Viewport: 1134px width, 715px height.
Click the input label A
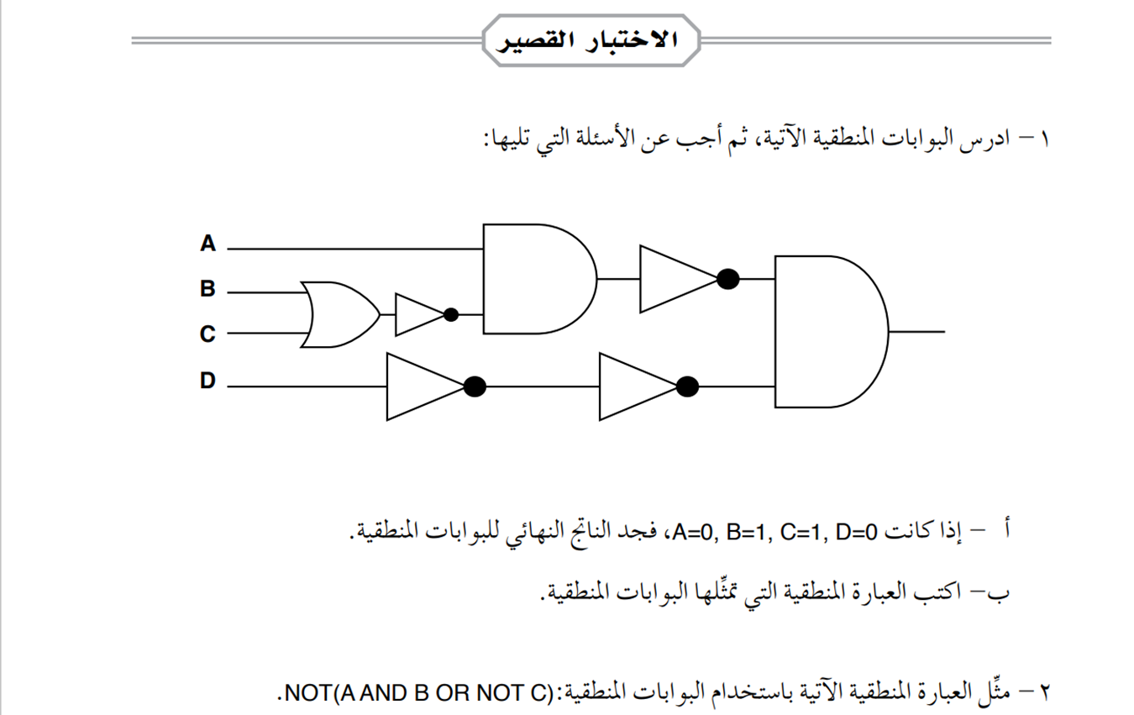(x=207, y=244)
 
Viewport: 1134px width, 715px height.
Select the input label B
(x=207, y=289)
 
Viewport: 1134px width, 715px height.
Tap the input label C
(x=207, y=334)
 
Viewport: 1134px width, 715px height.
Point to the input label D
(x=207, y=381)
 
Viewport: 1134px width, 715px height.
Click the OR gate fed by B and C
(x=338, y=314)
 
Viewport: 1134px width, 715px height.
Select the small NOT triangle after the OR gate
(x=417, y=314)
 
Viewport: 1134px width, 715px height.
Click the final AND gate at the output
(x=827, y=331)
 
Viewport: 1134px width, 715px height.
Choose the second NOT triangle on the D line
(x=636, y=386)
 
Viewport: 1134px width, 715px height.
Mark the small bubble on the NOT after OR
(x=451, y=315)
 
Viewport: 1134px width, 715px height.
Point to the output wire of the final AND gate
(x=917, y=331)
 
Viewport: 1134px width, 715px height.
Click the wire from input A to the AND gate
(x=353, y=249)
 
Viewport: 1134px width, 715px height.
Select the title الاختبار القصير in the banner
(x=591, y=39)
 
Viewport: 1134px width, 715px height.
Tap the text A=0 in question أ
(x=690, y=531)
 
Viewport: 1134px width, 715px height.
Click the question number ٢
(x=1045, y=692)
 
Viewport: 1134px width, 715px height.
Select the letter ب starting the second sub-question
(x=1005, y=591)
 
